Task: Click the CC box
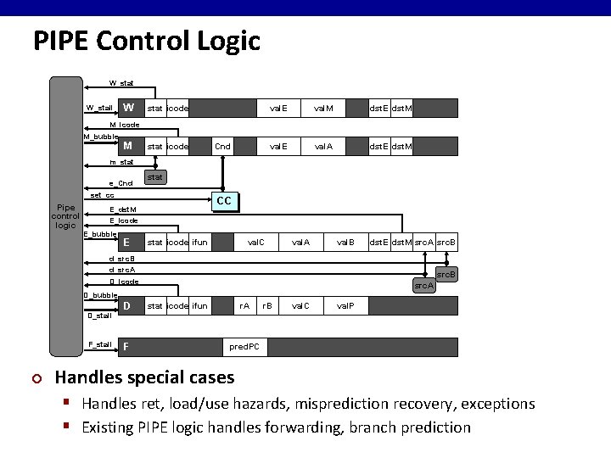tap(224, 201)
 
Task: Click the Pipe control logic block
tap(65, 215)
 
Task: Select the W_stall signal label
tap(99, 108)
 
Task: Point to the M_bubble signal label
tap(100, 137)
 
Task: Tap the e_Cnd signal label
tap(121, 183)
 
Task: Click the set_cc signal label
tap(102, 195)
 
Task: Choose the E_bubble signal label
tap(100, 234)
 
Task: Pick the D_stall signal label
tap(100, 316)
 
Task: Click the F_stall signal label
tap(100, 344)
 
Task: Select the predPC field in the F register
tap(246, 346)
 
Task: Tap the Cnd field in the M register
tap(222, 147)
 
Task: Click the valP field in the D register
tap(346, 305)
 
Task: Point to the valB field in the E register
tap(346, 243)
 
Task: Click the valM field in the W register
tap(323, 108)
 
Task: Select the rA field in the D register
tap(244, 305)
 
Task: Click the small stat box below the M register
tap(154, 177)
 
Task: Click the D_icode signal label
tap(124, 282)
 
